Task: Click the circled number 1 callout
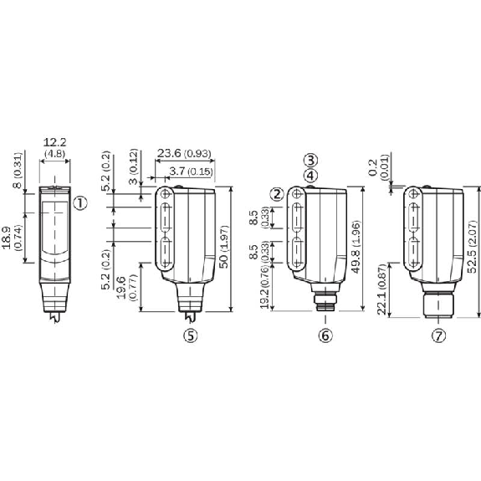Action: (x=80, y=203)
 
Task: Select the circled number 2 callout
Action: (x=277, y=194)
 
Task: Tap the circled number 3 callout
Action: (x=310, y=160)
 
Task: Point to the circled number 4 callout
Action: (x=310, y=176)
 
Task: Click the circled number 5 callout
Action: (x=191, y=335)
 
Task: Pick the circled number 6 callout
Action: (x=325, y=335)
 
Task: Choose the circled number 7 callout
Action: (x=438, y=335)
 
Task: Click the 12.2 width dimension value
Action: (x=54, y=143)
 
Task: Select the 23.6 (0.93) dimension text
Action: (x=184, y=153)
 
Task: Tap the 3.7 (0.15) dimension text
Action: (x=191, y=171)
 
